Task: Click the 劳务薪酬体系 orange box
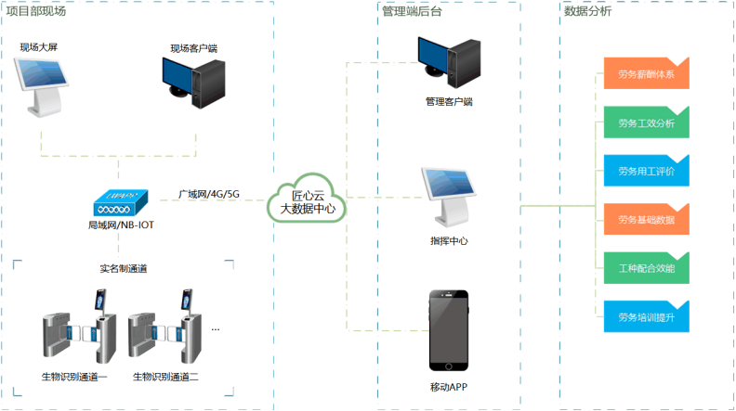(x=645, y=72)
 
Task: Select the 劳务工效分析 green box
(x=645, y=122)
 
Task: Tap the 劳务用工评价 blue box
(x=645, y=171)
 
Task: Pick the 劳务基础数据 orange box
(x=645, y=219)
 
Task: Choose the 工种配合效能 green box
(x=645, y=268)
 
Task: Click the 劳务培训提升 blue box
(x=645, y=317)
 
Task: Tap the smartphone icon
(x=448, y=329)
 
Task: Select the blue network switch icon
(x=121, y=201)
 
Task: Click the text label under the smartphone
(x=448, y=382)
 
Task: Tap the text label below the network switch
(x=121, y=225)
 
